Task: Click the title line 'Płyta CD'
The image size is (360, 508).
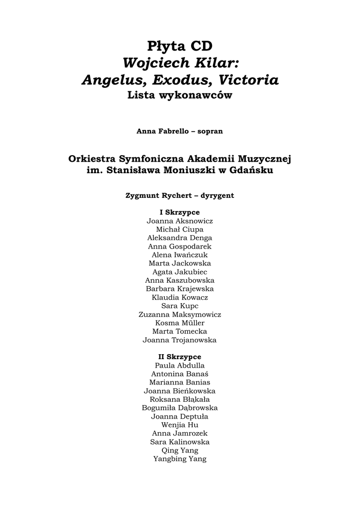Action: (180, 46)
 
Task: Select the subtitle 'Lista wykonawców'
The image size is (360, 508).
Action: (180, 96)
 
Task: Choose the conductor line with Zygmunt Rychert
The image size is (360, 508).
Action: (180, 195)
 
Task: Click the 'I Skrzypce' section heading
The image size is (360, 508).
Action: (180, 212)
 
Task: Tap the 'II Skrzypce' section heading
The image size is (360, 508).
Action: (180, 357)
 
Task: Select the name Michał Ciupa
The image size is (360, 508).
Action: (180, 229)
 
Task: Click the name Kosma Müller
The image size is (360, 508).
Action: (180, 323)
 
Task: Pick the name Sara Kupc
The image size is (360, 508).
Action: (180, 306)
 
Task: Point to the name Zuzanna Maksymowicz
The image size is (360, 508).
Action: (180, 315)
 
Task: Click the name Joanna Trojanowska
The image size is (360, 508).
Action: (180, 340)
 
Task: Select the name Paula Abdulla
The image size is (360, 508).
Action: (180, 366)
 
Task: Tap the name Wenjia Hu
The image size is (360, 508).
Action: (180, 425)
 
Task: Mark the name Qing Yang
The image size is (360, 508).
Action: (180, 450)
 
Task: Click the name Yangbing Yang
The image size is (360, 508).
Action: (180, 459)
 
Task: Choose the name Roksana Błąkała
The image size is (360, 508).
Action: (180, 399)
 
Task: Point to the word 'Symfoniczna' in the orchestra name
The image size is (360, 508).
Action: (151, 159)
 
